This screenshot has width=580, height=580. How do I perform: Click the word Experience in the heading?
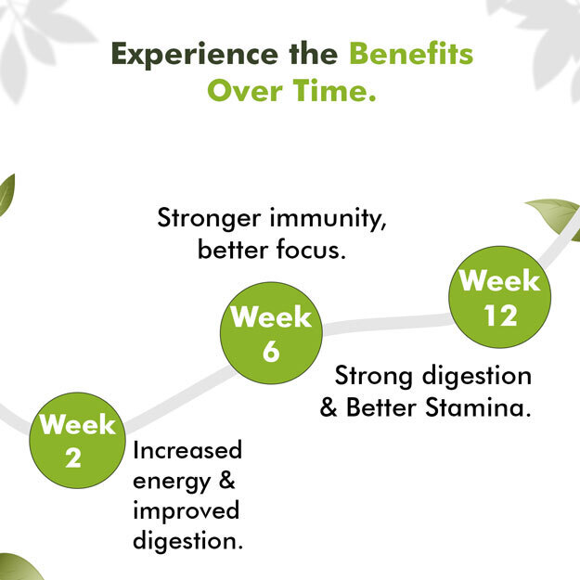195,55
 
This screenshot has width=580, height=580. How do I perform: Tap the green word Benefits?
411,54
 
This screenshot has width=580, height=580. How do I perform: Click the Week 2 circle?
77,440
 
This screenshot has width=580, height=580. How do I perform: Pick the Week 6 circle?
271,333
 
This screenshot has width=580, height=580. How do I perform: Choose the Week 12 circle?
500,297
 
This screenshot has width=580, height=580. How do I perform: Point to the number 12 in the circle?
500,316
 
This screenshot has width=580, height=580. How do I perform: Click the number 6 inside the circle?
271,351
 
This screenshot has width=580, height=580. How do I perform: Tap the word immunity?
328,218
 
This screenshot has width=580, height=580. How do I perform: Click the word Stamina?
478,407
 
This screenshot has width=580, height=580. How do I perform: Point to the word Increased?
187,450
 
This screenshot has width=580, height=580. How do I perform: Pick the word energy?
172,482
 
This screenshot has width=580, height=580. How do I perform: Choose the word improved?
186,511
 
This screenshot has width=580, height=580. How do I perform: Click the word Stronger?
209,218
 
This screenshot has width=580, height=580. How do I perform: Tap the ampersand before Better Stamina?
329,407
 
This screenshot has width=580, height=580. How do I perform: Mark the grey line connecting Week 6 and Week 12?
387,324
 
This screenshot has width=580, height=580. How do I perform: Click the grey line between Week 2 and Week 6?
180,397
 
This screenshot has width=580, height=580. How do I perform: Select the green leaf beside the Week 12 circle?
555,219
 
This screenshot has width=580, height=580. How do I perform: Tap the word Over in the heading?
245,91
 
